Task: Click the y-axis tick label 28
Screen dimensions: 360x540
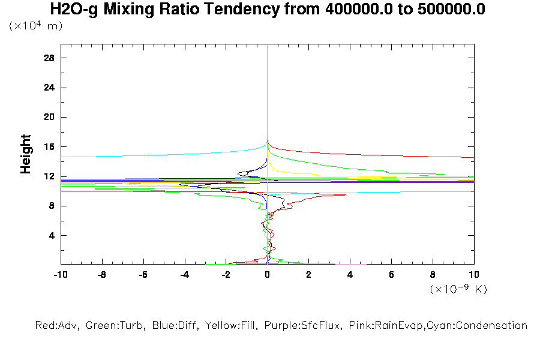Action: [49, 58]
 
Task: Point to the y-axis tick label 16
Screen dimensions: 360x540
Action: [49, 147]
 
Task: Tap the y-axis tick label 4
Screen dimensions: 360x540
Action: [52, 235]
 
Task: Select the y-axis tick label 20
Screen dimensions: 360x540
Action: [49, 117]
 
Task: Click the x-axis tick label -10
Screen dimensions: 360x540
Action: [60, 274]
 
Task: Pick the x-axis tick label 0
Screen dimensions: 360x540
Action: [267, 274]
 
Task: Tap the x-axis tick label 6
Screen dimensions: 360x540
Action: [391, 274]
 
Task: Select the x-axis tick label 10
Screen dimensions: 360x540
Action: [473, 274]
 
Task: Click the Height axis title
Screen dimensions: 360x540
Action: [26, 155]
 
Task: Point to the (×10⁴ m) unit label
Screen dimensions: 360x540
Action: [35, 26]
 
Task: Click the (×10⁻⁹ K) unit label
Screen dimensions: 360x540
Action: [458, 289]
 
